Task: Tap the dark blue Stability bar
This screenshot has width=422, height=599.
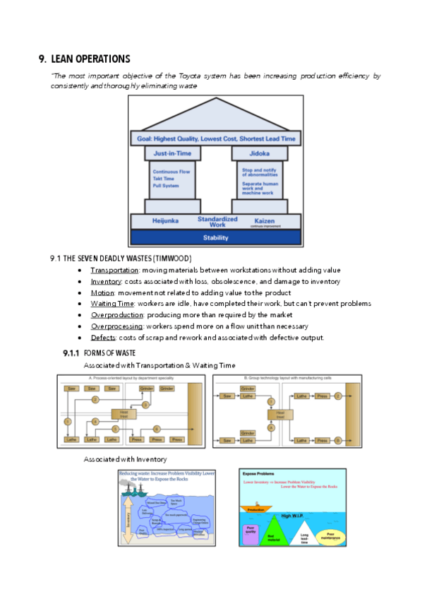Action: coord(215,238)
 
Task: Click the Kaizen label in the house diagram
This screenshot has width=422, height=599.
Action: coord(263,220)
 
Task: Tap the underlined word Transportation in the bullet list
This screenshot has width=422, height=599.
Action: coord(114,270)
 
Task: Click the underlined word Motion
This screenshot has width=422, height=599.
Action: coord(102,292)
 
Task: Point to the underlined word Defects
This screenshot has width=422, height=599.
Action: coord(103,337)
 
